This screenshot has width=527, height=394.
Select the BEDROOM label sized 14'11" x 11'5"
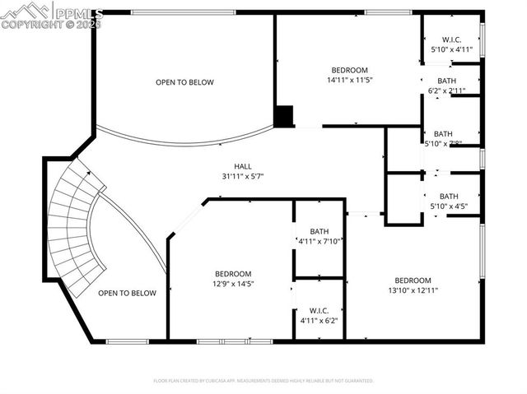coord(349,70)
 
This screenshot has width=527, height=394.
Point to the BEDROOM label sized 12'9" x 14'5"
coord(233,274)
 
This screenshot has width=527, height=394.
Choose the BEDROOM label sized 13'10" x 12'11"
coord(413,280)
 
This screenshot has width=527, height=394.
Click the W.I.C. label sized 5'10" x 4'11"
coord(451,39)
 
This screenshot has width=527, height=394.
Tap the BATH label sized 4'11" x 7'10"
coord(319,231)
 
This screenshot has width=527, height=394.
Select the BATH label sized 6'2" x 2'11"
coord(446,81)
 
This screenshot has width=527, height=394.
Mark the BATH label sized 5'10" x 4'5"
coord(448,196)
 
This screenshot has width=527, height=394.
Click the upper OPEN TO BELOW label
coord(184,82)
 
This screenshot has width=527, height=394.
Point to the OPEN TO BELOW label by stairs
coord(127,293)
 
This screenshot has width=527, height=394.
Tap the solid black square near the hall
coord(284,116)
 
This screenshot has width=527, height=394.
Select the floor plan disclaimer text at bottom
coord(263,381)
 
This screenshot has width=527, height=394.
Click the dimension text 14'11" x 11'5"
coord(349,80)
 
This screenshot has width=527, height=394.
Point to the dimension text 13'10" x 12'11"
coord(413,290)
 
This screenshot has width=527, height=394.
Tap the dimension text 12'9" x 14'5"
coord(233,284)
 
